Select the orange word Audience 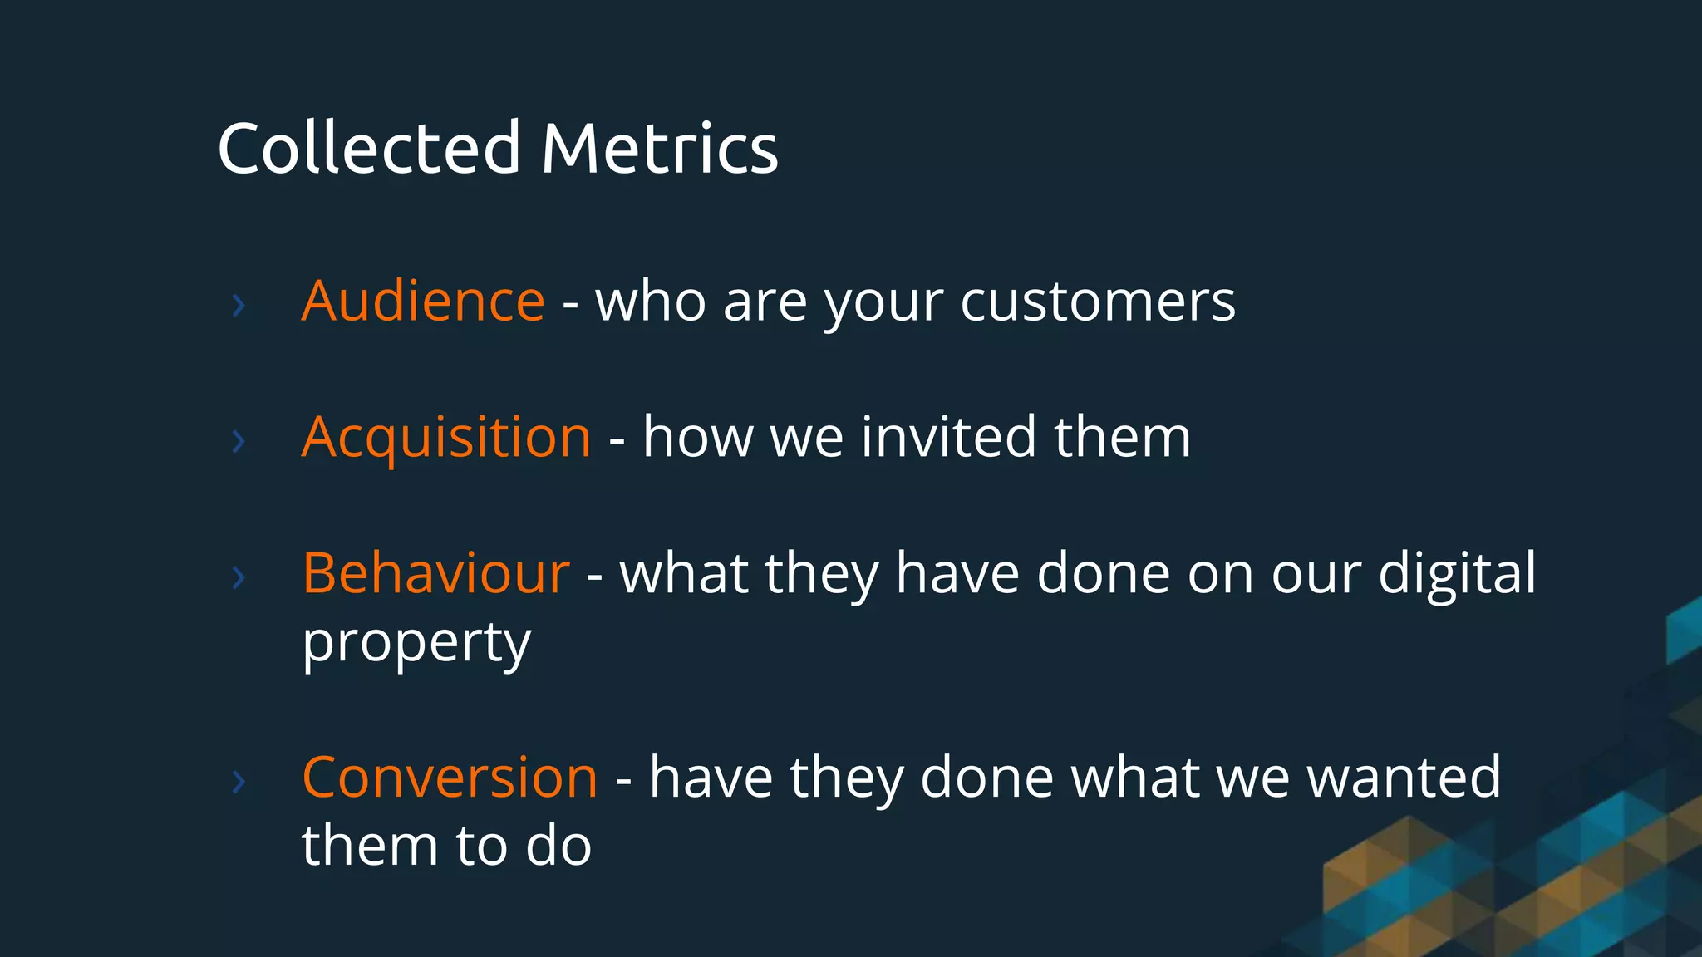coord(423,301)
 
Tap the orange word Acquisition coord(446,438)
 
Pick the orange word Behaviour coord(435,573)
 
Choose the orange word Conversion coord(450,778)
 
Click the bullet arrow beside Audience coord(239,306)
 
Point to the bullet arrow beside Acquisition coord(239,441)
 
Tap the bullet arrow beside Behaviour coord(239,577)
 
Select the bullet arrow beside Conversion coord(239,782)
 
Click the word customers coord(1098,301)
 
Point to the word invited coord(948,438)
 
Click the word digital coord(1457,573)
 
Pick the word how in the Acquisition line coord(698,438)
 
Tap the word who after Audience coord(651,301)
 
